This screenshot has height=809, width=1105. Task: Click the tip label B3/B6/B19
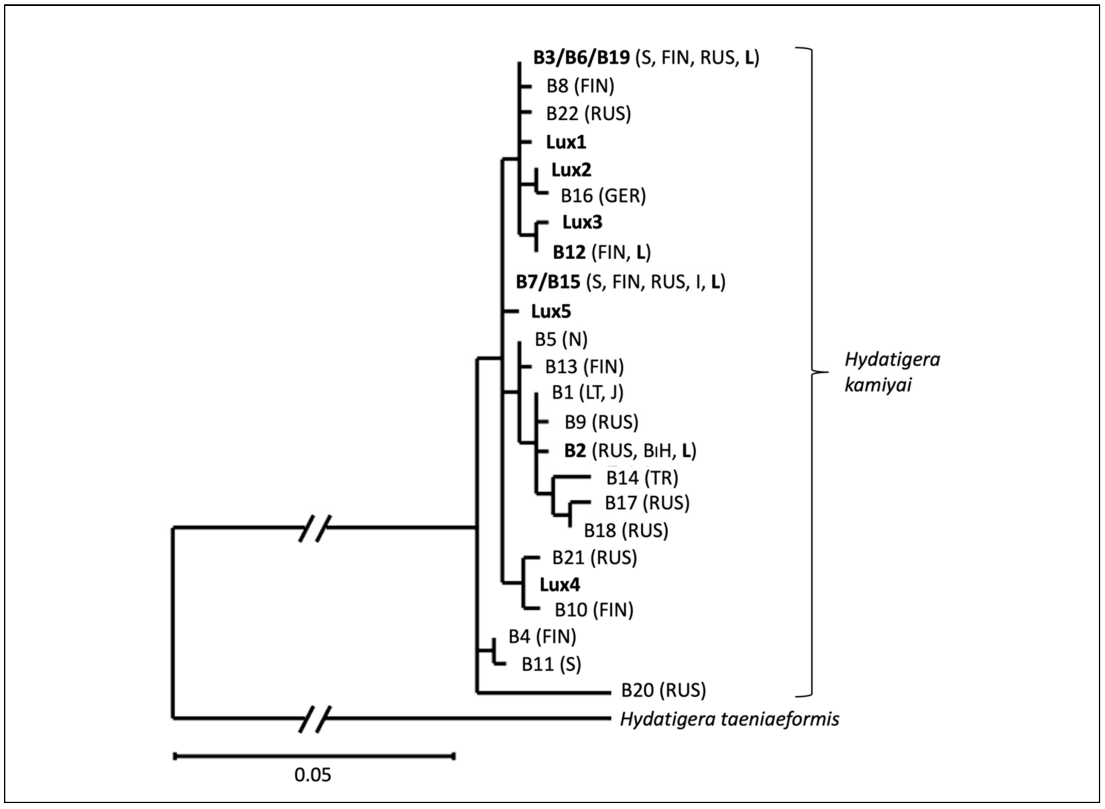(582, 58)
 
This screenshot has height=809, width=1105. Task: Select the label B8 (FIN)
(580, 86)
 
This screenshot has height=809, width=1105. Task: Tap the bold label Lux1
(566, 143)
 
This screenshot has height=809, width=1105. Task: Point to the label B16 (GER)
(603, 196)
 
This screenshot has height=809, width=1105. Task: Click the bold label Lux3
(582, 222)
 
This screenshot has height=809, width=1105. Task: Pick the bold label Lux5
(551, 312)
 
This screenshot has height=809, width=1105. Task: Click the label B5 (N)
(561, 340)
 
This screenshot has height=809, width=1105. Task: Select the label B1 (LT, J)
(588, 393)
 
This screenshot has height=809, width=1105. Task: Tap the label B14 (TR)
(642, 478)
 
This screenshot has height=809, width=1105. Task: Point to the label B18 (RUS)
(626, 530)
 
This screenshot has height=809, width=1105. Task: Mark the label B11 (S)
(551, 664)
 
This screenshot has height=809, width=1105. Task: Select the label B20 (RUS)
(663, 691)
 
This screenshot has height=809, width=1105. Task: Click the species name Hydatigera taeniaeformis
(729, 720)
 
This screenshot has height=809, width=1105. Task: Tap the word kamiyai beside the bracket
(878, 385)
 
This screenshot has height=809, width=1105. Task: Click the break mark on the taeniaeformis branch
(315, 719)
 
